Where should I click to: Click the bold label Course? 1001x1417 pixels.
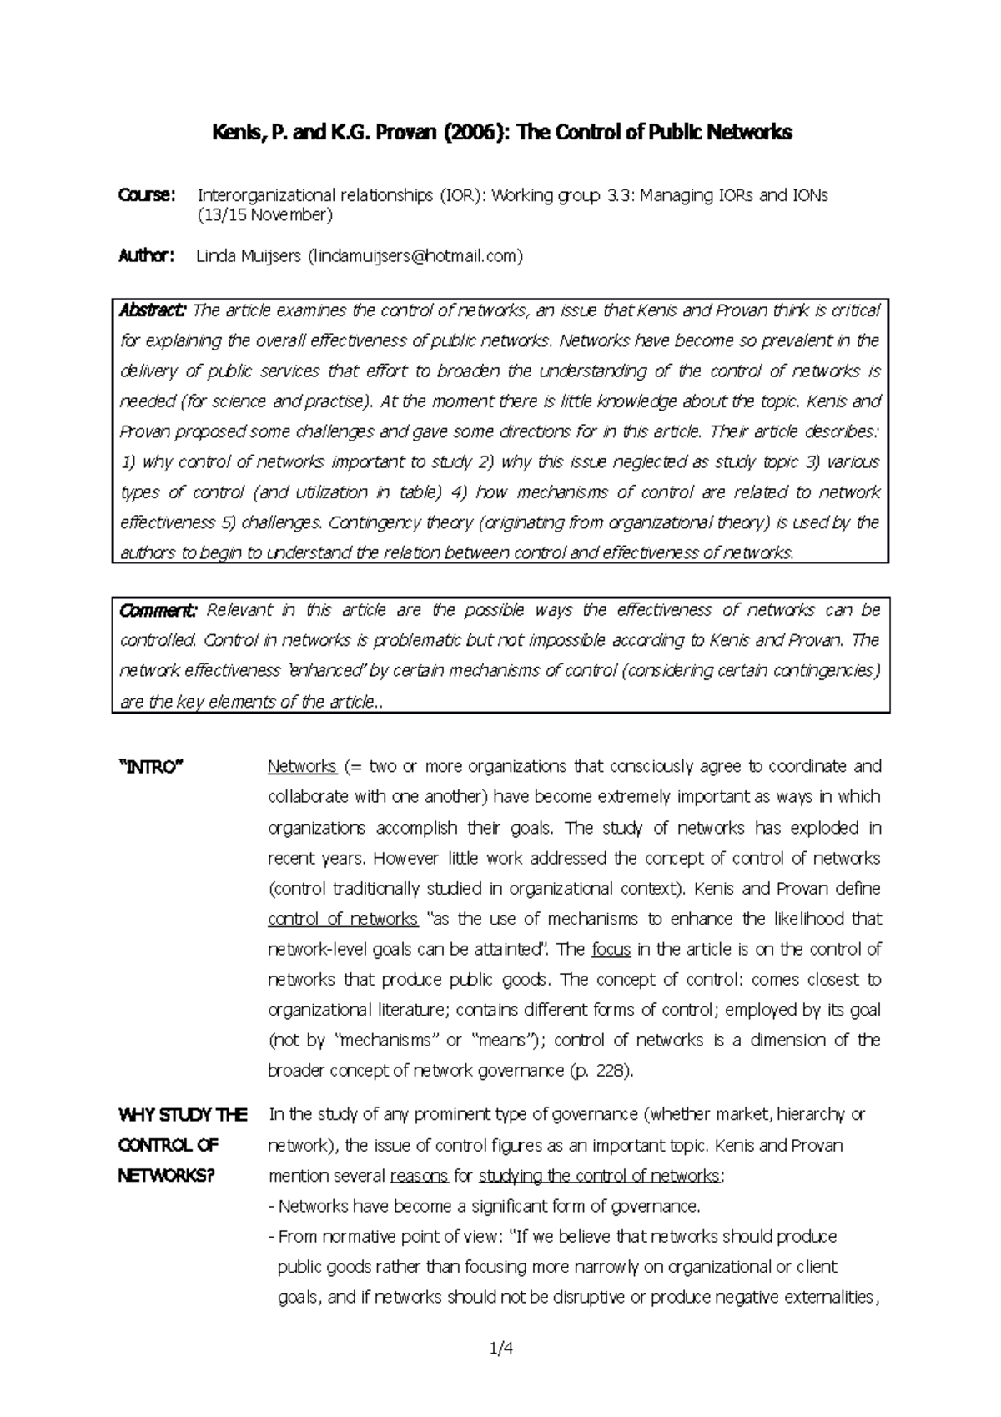point(147,195)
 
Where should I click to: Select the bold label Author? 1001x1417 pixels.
point(146,256)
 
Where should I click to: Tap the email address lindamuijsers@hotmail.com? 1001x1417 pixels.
point(415,256)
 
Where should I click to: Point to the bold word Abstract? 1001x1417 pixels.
point(153,310)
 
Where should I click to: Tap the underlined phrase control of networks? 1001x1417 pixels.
point(342,919)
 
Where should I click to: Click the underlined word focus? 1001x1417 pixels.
point(611,950)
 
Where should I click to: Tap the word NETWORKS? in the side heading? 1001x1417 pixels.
point(167,1176)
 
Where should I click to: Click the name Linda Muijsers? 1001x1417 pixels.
point(249,256)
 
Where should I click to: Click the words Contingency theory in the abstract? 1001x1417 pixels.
point(390,523)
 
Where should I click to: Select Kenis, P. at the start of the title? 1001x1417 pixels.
point(240,132)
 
